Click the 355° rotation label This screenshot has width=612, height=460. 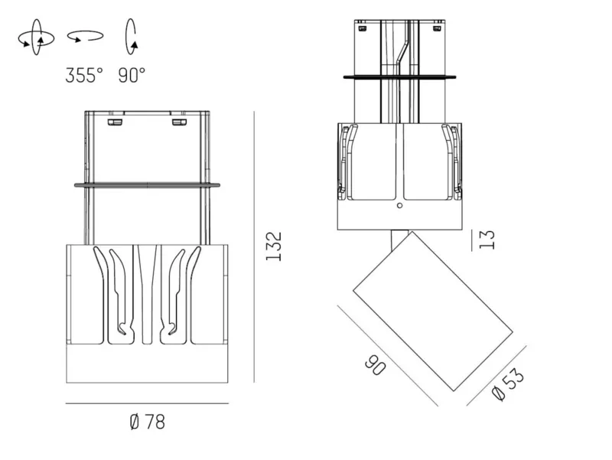pos(84,75)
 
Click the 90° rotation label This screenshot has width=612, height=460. pos(132,75)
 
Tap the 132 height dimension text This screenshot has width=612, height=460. pos(274,246)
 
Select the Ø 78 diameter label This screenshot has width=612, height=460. pos(147,422)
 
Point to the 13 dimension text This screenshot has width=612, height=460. pos(487,240)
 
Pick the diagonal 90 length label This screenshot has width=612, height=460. pos(376,365)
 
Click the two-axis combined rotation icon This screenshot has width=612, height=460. pos(36,38)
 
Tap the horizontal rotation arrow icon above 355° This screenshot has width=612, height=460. pos(86,36)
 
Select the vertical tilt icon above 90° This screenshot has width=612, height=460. pos(131,37)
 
